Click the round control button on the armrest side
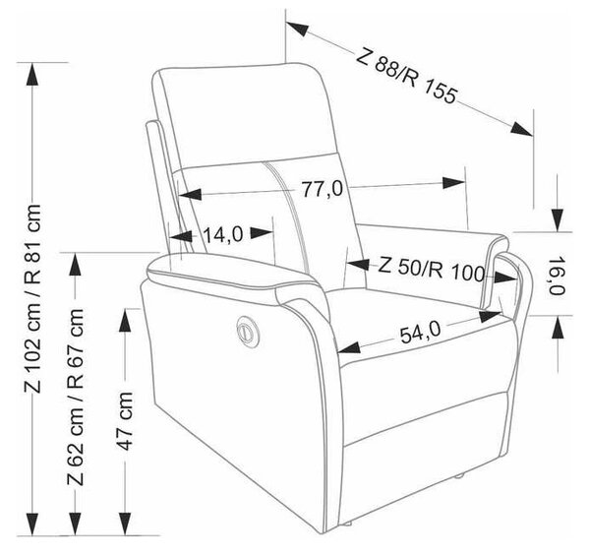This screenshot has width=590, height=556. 246,331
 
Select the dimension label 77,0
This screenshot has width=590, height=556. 324,189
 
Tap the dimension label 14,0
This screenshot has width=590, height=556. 223,235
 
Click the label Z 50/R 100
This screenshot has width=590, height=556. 431,268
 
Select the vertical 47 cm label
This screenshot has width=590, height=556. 125,421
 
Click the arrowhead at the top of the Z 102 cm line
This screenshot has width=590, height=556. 32,74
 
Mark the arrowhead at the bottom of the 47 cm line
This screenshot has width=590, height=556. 125,524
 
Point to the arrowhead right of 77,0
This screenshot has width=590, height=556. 453,183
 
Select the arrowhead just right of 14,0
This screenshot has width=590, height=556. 262,232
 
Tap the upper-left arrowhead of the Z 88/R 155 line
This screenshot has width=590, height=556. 297,29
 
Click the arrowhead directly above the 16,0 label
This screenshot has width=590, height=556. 559,219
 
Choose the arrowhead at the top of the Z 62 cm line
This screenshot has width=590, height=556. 76,265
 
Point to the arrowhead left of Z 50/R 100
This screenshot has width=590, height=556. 358,265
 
